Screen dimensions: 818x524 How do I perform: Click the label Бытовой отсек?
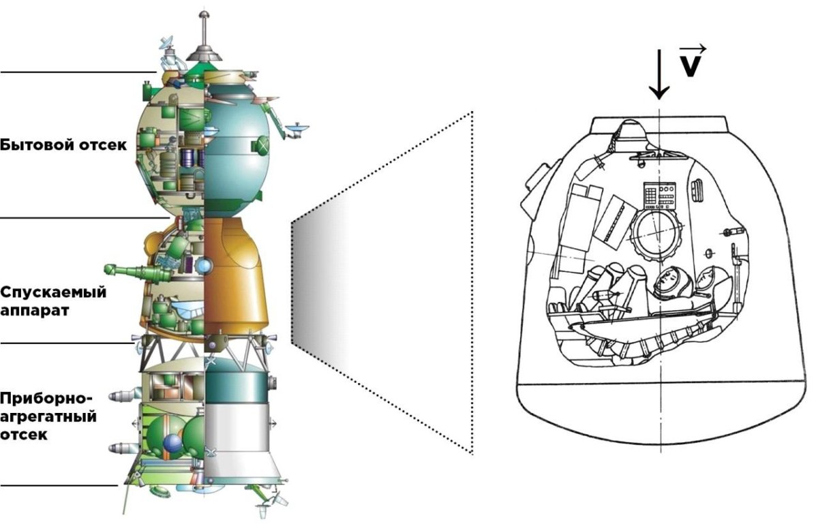click(63, 145)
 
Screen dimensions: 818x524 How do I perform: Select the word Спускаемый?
click(53, 292)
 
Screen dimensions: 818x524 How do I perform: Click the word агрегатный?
click(48, 416)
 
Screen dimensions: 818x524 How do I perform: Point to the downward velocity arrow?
click(658, 74)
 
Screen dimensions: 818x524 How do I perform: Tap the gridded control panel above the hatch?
click(659, 196)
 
